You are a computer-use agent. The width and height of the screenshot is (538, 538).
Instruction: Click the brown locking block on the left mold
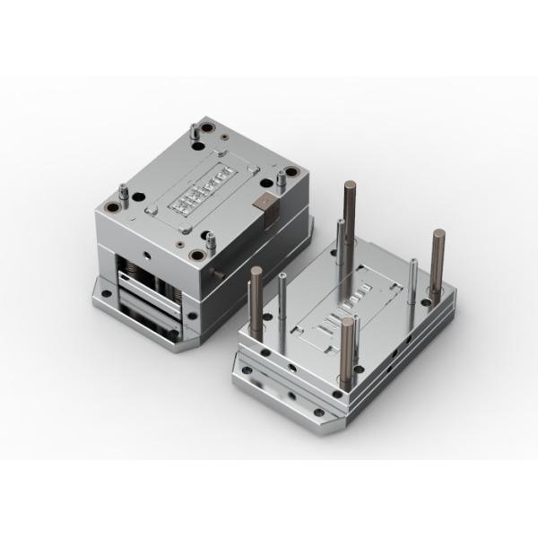pos(266,205)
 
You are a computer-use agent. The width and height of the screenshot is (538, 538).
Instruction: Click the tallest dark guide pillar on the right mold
pos(348,206)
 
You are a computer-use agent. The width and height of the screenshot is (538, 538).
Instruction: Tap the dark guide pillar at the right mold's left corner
pos(256,296)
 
